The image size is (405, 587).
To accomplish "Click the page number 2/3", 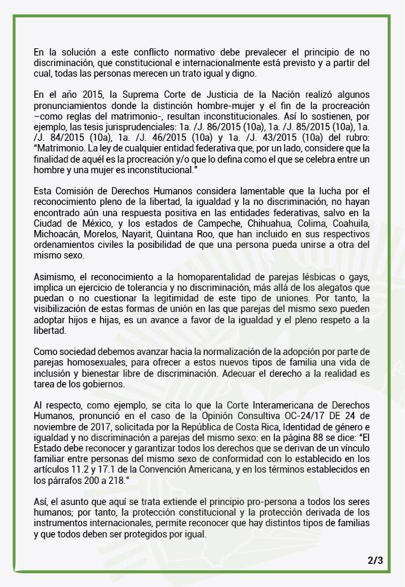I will coord(375,561).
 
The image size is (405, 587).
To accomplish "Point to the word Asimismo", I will coord(55,272).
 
